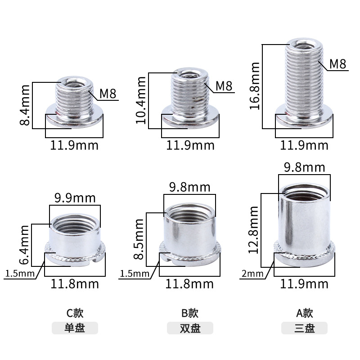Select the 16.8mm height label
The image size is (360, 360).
click(x=255, y=86)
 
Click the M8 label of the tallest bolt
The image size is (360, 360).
click(x=337, y=63)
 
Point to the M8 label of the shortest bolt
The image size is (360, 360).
click(x=108, y=94)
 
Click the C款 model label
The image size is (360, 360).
click(x=75, y=313)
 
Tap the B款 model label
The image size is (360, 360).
click(x=189, y=313)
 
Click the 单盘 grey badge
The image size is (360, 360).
click(x=75, y=328)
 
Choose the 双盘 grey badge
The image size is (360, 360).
click(x=190, y=328)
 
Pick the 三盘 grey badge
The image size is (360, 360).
click(x=304, y=328)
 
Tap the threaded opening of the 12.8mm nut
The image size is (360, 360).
click(x=304, y=194)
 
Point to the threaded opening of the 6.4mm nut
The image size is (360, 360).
click(x=75, y=222)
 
